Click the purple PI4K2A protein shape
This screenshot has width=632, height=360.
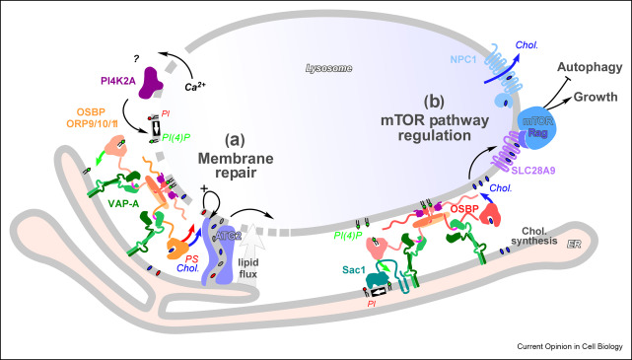click(x=150, y=82)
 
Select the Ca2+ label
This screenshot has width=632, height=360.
click(x=194, y=86)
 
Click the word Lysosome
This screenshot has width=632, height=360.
click(x=328, y=68)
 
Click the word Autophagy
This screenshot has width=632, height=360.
click(x=590, y=67)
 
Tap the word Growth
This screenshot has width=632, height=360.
click(x=596, y=97)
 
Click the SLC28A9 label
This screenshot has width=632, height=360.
click(x=533, y=171)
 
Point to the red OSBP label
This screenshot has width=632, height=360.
click(x=464, y=209)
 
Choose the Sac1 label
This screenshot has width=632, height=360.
click(x=354, y=269)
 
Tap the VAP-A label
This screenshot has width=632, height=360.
click(x=123, y=204)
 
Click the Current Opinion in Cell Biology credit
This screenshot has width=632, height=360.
click(x=570, y=347)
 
